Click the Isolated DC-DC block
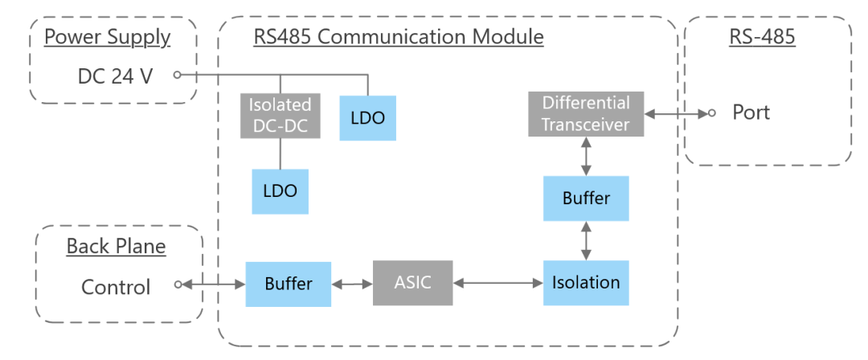(280, 115)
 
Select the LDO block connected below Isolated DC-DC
(280, 191)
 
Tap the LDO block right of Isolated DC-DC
(367, 117)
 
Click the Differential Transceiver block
(586, 113)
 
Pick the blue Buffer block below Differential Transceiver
(586, 198)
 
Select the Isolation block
(586, 283)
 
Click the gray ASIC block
(412, 283)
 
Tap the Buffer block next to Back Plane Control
(288, 284)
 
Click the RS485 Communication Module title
(399, 37)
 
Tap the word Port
(751, 112)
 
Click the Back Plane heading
(116, 246)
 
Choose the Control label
(116, 287)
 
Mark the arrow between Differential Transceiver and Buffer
(586, 155)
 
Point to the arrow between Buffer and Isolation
(586, 240)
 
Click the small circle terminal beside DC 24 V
(176, 75)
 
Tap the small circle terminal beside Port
(711, 113)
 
